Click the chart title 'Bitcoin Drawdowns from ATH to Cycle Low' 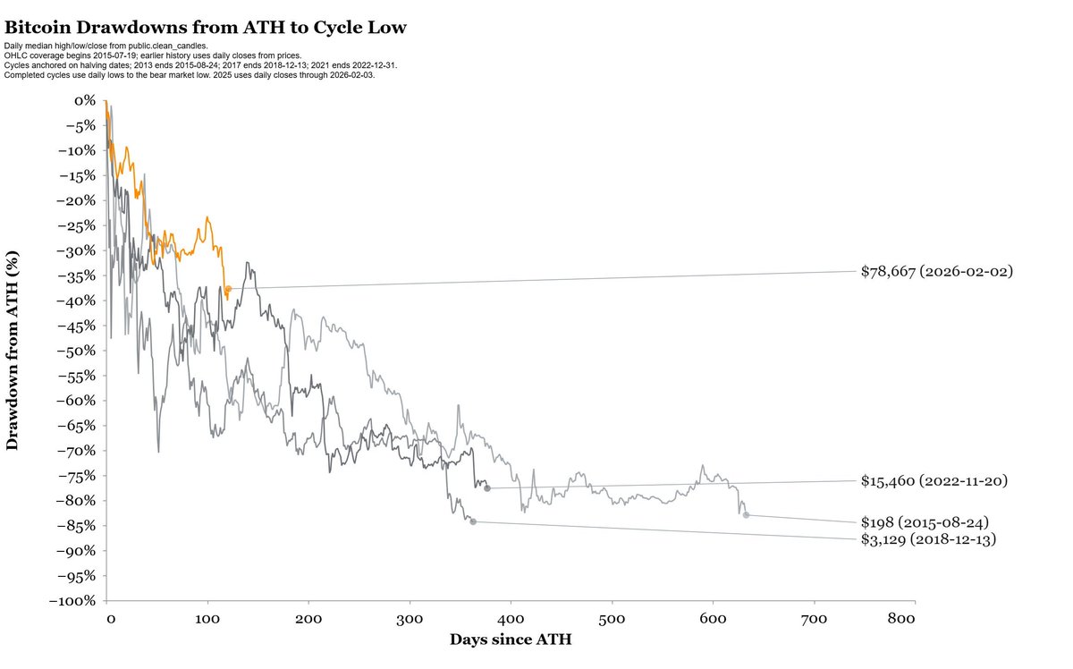click(206, 28)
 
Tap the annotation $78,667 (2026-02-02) click(936, 270)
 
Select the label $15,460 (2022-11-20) click(934, 481)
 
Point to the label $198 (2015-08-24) click(925, 521)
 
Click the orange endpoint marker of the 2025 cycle click(228, 289)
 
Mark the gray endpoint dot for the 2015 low click(746, 515)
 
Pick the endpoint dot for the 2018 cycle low click(473, 521)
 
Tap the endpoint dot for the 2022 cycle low click(487, 488)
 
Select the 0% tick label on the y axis click(85, 101)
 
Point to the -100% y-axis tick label click(72, 600)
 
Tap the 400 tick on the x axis click(511, 619)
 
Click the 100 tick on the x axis click(207, 619)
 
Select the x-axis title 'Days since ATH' click(511, 639)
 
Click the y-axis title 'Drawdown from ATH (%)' click(13, 350)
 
